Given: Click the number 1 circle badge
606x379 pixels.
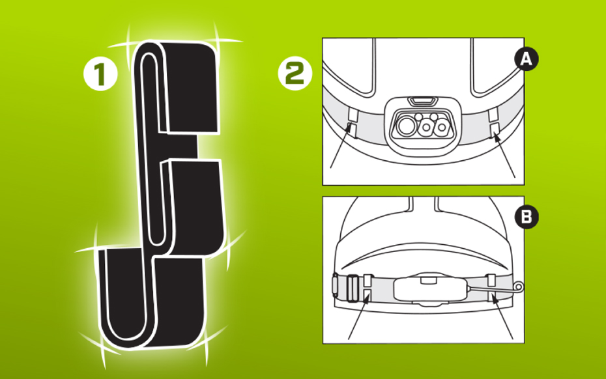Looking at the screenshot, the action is coord(100,74).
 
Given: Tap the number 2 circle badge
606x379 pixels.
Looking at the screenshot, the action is coord(295,73).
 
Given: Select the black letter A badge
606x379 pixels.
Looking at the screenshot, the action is coord(527,59).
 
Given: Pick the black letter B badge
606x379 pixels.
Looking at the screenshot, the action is coord(527,217).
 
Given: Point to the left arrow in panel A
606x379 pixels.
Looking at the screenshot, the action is coord(341,146).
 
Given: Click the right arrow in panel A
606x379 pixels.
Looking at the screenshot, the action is coord(504,154).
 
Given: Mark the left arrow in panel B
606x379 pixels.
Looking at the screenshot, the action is coord(358,316).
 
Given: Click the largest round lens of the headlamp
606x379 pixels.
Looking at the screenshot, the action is coord(406,126).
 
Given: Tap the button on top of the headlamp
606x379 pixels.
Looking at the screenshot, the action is coord(423,101).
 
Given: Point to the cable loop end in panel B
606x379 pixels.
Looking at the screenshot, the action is coord(519,287).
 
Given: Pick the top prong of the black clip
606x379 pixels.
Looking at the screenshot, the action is coord(190,87).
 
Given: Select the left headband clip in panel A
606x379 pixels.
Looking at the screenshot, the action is coord(353,122).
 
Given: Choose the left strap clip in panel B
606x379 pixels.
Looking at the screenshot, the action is coord(368,288).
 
